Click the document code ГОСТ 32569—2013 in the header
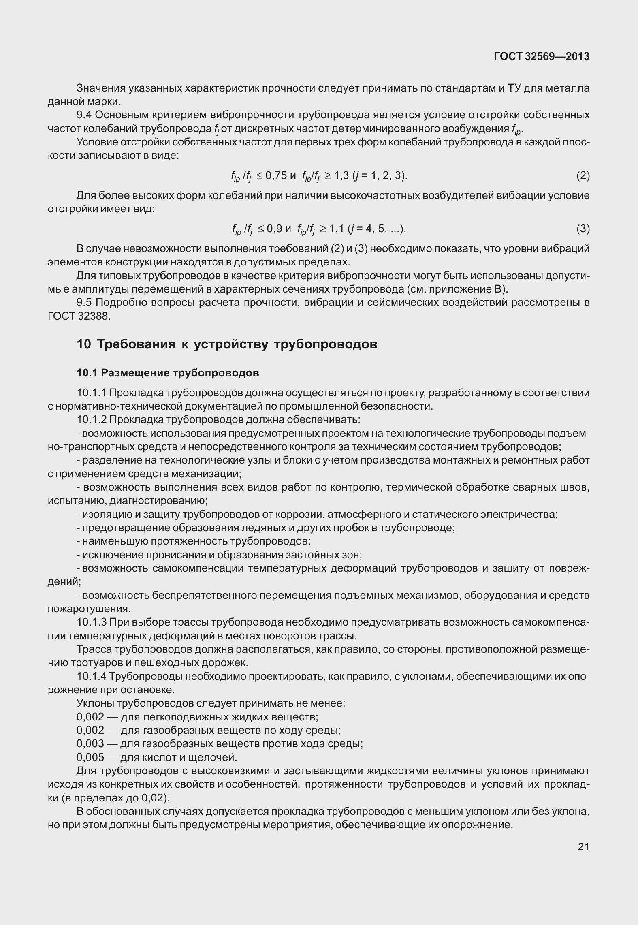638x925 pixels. (x=542, y=57)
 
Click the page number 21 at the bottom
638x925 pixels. (x=583, y=846)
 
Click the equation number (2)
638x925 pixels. (x=583, y=175)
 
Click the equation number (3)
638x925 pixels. (x=583, y=229)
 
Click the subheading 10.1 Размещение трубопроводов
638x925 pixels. (x=168, y=373)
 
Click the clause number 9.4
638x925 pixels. (x=84, y=115)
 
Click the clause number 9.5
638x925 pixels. (x=84, y=303)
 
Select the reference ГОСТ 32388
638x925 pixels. (x=79, y=316)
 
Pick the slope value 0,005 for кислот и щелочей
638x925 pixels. (x=90, y=757)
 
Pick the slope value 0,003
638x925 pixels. (x=90, y=743)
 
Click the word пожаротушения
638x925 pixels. (x=88, y=609)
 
